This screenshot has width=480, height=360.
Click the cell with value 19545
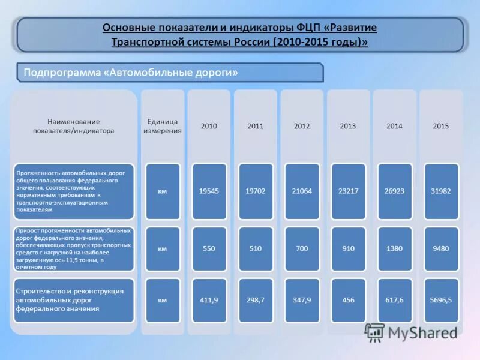point(209,191)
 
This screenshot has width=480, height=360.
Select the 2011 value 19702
point(256,191)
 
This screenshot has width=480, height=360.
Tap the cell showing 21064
point(302,191)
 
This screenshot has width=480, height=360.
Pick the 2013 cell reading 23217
point(348,191)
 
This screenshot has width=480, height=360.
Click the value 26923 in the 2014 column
point(394,191)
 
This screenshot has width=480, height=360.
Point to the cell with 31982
point(441,191)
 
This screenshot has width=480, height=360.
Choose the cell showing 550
point(209,248)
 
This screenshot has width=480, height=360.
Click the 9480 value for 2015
point(441,248)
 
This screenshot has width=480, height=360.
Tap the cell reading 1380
point(394,248)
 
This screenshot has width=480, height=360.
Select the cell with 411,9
point(209,300)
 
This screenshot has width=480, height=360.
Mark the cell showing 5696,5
point(441,300)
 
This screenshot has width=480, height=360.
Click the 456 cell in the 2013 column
point(348,300)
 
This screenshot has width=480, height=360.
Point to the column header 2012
point(302,126)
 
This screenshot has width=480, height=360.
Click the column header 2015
point(441,126)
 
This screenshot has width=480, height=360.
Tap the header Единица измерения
point(163,126)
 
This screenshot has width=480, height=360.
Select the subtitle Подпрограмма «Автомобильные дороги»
point(131,73)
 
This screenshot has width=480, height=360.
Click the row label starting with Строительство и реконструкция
point(73,300)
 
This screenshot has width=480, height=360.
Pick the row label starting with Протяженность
point(73,191)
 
